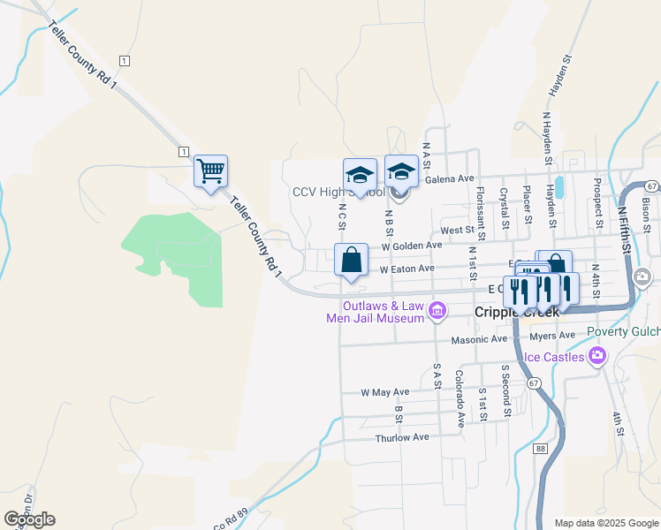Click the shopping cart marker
coord(210,170)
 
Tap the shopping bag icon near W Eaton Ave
coord(352,261)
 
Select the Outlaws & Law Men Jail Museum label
coord(385,312)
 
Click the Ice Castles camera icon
coord(597,356)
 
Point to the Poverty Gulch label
coord(623,331)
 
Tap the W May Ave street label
coord(385,391)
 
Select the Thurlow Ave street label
coord(401,437)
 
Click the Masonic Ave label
coord(479,338)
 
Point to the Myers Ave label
coord(553,335)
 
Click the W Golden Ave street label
coord(411,246)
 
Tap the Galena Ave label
coord(450,178)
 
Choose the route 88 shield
coord(541,449)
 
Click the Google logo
coord(29,519)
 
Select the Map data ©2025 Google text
coord(605,523)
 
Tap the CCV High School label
coord(338,193)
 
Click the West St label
coord(457,230)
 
